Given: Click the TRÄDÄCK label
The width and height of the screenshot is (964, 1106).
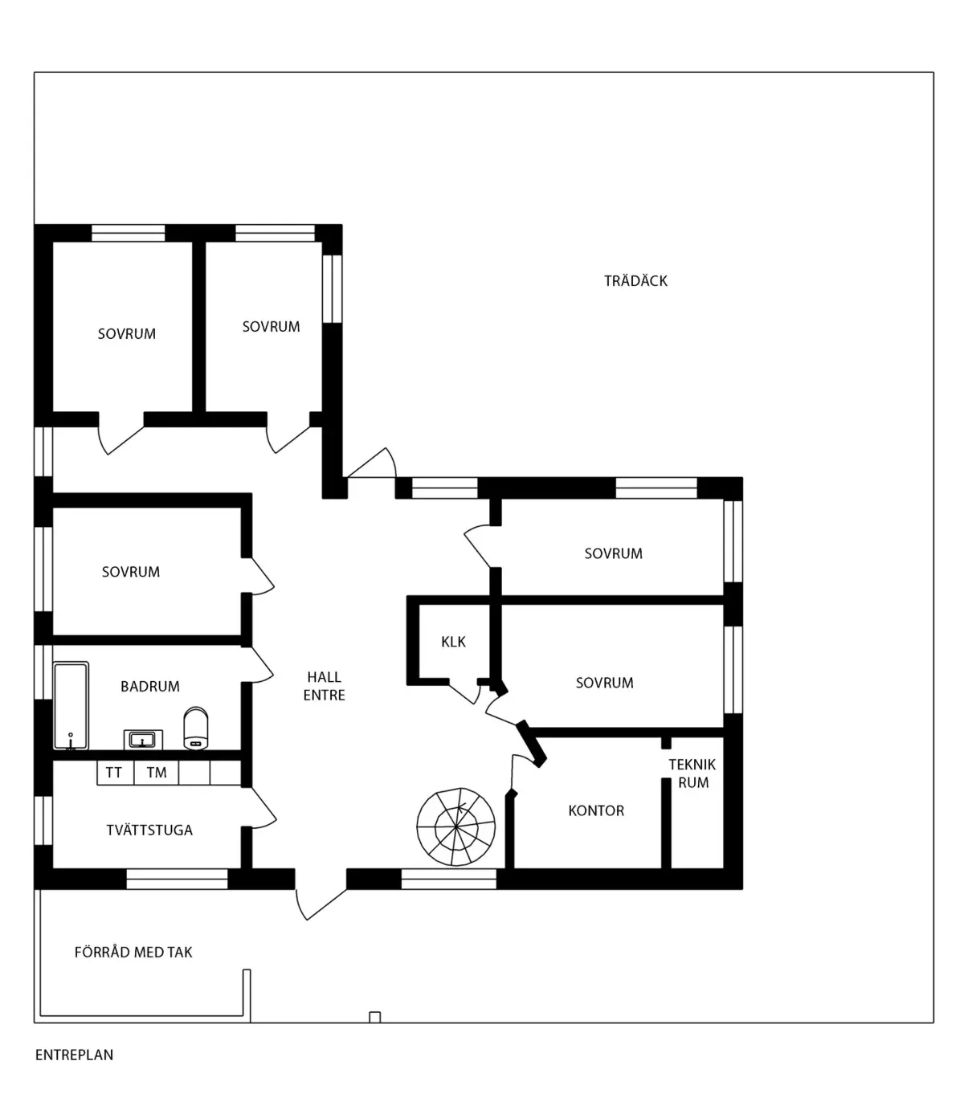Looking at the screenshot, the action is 635,280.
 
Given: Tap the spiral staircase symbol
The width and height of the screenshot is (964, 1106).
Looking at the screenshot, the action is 455,826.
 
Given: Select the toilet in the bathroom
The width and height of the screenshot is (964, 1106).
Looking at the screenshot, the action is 196,728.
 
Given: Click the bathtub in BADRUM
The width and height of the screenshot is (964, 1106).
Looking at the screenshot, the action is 71,705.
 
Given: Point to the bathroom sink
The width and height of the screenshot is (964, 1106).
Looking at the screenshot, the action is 143,740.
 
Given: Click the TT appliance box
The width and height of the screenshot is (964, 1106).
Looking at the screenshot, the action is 115,773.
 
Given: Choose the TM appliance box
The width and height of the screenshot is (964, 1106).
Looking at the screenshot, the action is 157,773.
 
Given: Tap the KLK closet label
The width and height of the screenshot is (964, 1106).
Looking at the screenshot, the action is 453,642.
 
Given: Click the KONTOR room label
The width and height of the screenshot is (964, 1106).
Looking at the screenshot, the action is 596,810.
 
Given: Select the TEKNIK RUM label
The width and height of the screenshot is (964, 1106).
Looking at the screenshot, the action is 692,773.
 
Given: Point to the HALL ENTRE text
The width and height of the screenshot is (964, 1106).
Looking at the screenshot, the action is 324,686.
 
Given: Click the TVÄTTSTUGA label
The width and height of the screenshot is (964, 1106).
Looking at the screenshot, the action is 149,830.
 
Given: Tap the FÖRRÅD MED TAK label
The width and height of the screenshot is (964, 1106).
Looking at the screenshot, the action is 133,952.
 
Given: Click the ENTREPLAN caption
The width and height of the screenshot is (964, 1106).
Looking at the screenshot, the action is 74,1055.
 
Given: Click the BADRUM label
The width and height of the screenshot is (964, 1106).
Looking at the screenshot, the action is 149,686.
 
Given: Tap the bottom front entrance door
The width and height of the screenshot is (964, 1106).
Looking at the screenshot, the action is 320,904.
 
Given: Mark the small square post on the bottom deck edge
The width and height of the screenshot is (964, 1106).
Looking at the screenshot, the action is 374,1018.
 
